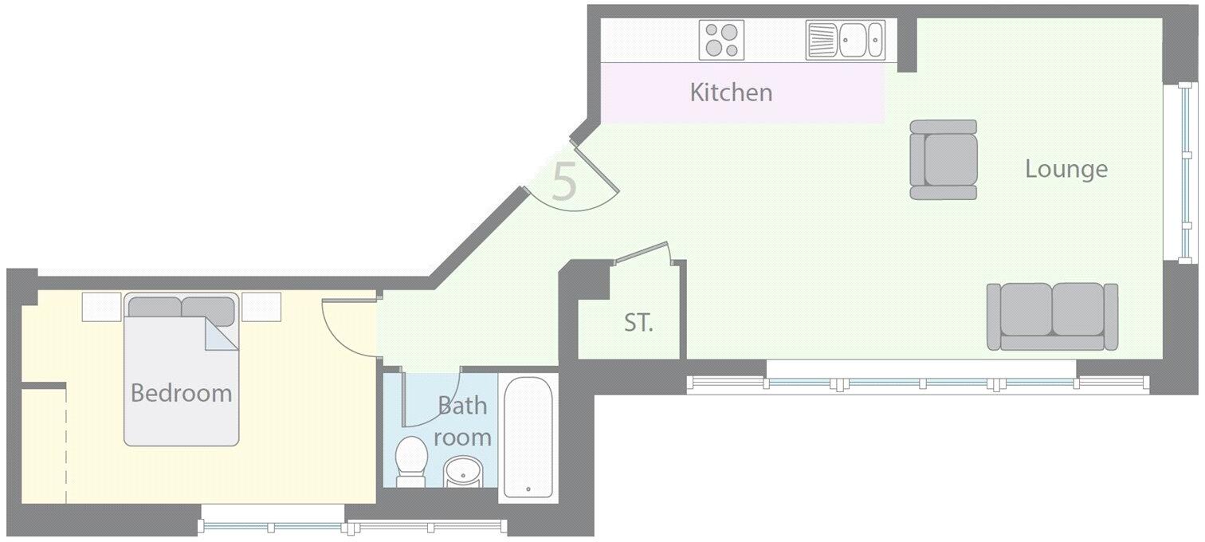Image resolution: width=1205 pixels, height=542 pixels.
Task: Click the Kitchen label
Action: [731, 92]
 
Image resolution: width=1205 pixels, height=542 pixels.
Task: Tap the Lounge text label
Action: [1066, 169]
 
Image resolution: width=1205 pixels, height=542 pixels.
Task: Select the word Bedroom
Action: [181, 393]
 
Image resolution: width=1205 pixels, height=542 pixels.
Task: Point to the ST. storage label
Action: [638, 324]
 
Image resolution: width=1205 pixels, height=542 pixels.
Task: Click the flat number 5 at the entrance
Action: [564, 183]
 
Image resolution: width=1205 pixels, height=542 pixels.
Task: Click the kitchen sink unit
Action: [845, 40]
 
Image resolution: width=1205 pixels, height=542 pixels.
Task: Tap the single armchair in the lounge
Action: [944, 159]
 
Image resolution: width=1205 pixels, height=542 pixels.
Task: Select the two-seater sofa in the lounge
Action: [1052, 316]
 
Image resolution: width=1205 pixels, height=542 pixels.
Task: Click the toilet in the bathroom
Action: [411, 461]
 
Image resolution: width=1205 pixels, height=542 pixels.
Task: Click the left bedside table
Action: [101, 307]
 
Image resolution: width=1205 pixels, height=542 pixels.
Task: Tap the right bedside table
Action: [261, 307]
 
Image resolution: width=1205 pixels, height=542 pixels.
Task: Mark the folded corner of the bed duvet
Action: [219, 335]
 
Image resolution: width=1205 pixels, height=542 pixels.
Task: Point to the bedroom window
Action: [351, 525]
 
